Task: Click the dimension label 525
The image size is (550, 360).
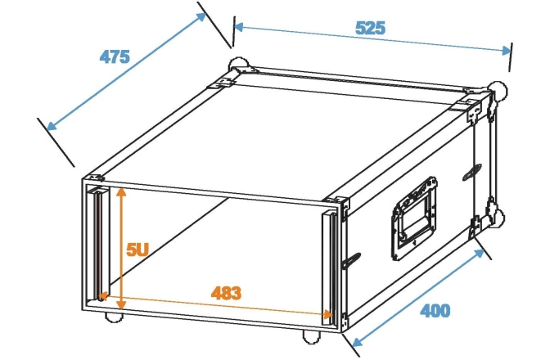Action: tap(371, 28)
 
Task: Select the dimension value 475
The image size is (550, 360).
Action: tap(115, 56)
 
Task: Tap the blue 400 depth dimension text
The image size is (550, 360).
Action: tap(435, 311)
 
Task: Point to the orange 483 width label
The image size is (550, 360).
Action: tap(226, 293)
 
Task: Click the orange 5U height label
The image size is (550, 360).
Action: tap(137, 250)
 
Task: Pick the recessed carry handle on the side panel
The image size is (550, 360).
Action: tap(415, 218)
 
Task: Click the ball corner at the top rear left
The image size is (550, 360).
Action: tap(238, 65)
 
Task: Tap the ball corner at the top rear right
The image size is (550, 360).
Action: tap(498, 91)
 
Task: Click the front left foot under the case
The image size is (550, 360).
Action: tap(115, 317)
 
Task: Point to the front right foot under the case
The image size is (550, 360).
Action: tap(312, 336)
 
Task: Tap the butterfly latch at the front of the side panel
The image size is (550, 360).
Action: tap(351, 261)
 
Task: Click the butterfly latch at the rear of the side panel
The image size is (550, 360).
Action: tap(472, 173)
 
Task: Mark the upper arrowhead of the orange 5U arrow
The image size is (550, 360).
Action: tap(121, 192)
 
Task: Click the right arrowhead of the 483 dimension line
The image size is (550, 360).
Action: tap(328, 314)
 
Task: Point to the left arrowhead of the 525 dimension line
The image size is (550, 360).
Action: tap(238, 27)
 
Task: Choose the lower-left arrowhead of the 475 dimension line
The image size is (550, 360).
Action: tap(52, 125)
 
